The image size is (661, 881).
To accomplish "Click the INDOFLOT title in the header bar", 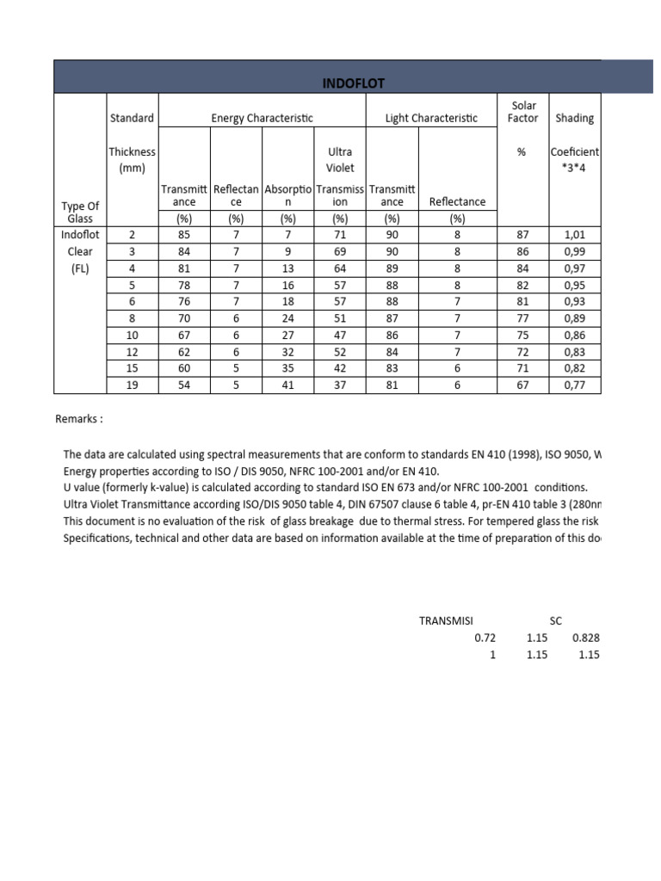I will click(x=353, y=83).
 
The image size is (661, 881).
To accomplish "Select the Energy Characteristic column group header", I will click(x=262, y=118).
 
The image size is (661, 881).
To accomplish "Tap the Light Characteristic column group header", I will click(x=434, y=118).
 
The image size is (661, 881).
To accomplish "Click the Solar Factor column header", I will click(x=522, y=112).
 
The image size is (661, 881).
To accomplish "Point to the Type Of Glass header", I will click(x=80, y=212).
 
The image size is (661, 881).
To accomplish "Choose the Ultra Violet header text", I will click(x=340, y=159).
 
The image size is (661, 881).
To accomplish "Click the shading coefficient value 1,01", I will click(x=574, y=234).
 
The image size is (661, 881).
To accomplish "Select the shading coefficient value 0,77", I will click(x=574, y=385).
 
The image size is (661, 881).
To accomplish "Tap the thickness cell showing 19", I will click(x=132, y=385).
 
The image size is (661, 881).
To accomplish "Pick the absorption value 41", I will click(x=288, y=385).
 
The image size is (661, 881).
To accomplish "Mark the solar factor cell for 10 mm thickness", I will click(x=522, y=335).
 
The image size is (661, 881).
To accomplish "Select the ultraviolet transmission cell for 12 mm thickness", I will click(x=340, y=351).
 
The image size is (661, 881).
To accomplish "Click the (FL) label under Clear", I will click(x=80, y=268).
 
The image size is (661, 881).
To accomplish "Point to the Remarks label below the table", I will click(x=79, y=419).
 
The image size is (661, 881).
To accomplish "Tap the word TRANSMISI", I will click(x=446, y=620).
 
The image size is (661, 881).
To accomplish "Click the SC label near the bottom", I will click(x=557, y=620).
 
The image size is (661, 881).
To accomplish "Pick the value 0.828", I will click(x=585, y=638).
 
